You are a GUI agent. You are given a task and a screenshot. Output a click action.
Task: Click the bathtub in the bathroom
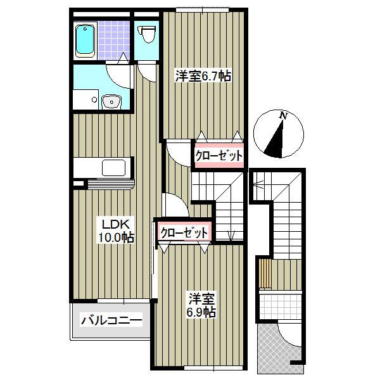tap(84, 40)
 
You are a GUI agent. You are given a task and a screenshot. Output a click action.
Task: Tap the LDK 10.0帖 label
tap(116, 231)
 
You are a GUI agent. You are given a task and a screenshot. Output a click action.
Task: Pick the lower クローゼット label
tap(184, 232)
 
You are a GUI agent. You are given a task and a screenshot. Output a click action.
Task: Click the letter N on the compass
tap(283, 116)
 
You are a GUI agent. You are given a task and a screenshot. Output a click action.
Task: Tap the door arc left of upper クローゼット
tap(178, 154)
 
